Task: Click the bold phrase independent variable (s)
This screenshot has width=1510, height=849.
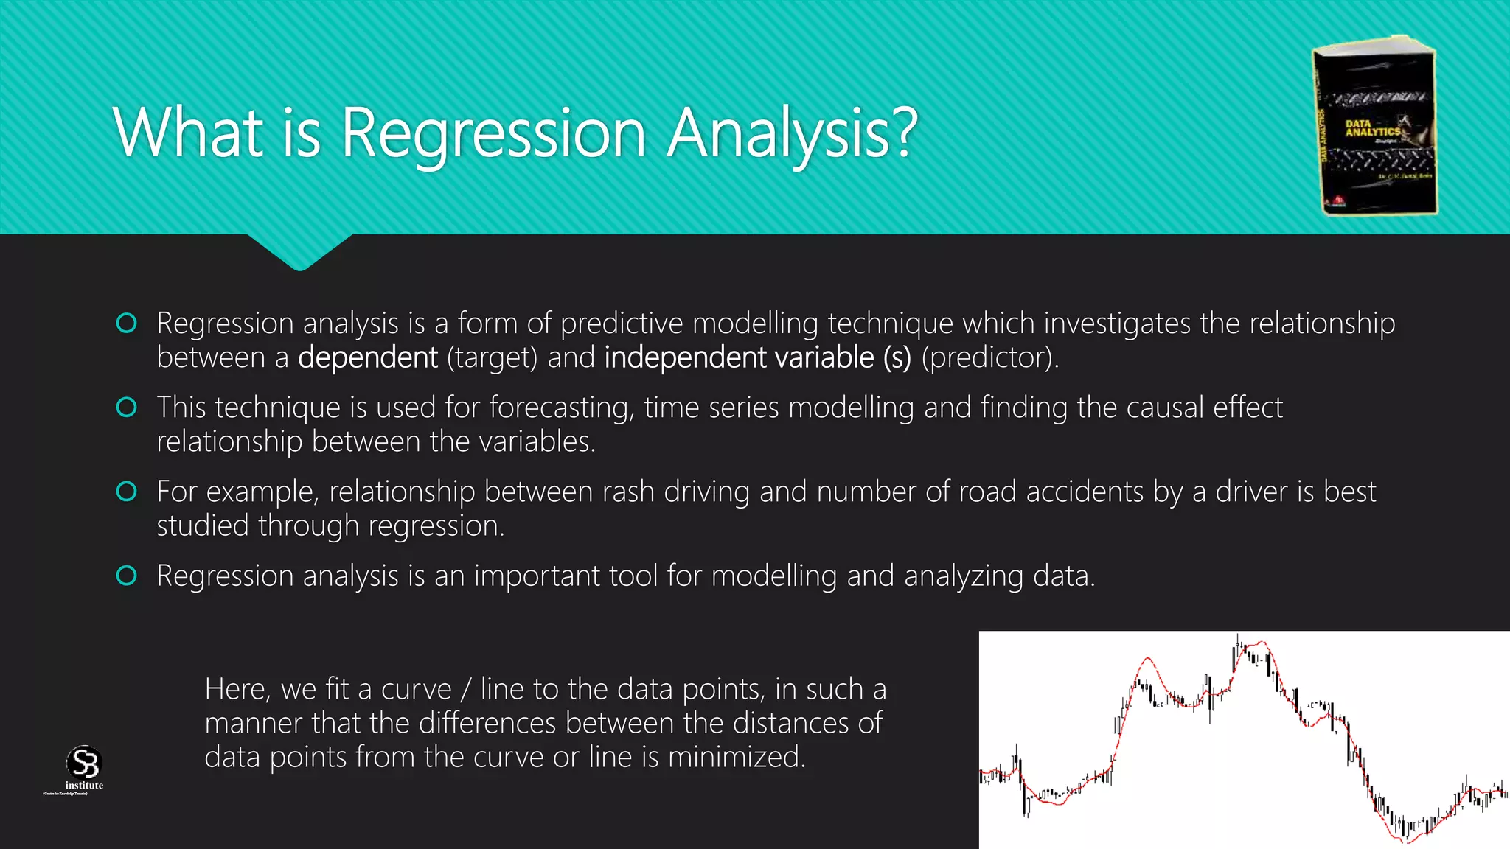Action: point(757,358)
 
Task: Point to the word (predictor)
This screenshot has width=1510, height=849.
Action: point(989,358)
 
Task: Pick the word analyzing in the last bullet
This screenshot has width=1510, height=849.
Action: point(963,576)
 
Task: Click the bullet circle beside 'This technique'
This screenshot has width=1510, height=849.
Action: point(127,408)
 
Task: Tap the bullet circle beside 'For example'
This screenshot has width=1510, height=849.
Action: point(127,492)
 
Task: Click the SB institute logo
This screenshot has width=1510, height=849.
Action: point(83,769)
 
